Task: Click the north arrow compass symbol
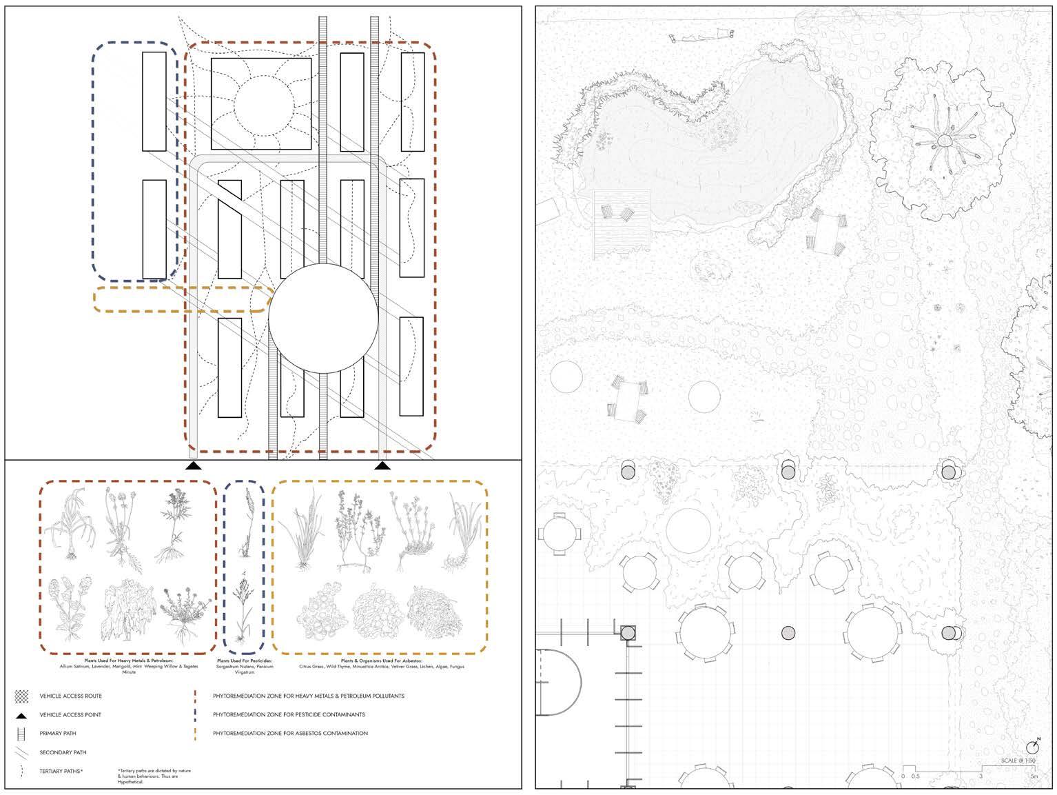pos(1032,747)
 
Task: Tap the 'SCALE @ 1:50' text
pos(1018,761)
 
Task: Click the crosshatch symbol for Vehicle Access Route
pos(21,696)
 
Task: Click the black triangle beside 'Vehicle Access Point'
pos(21,714)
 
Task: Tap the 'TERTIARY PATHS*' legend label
pos(61,771)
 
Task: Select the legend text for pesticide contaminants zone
pos(289,714)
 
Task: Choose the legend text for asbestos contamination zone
pos(290,733)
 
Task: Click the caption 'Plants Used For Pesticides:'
pos(244,661)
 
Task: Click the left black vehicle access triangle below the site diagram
pos(194,465)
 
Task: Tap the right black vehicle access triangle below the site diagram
pos(382,465)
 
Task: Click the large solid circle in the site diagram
pos(323,317)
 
